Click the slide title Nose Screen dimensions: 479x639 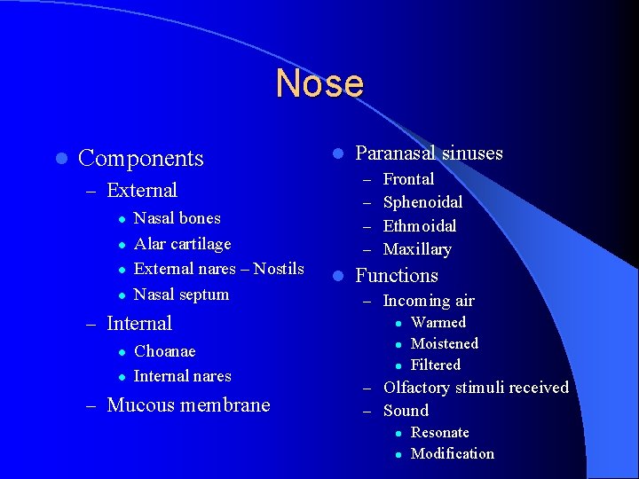click(x=319, y=83)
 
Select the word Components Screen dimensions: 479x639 click(x=141, y=159)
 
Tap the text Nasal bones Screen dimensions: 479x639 click(x=177, y=218)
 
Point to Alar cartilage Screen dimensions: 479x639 click(x=182, y=244)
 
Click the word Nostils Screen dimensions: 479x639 click(x=279, y=269)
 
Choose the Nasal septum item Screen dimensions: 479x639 click(x=181, y=294)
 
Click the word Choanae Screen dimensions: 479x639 click(x=164, y=352)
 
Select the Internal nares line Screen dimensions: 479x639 click(x=182, y=376)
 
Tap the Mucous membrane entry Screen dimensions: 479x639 click(x=188, y=405)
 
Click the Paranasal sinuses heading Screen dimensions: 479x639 click(x=429, y=153)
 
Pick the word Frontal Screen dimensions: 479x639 click(x=408, y=179)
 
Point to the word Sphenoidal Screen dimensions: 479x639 click(x=422, y=202)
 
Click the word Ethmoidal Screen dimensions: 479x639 click(x=420, y=226)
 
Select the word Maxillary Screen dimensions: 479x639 click(x=417, y=250)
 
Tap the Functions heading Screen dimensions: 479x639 click(x=397, y=276)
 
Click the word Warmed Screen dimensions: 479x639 click(x=438, y=323)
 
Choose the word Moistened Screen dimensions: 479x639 click(x=445, y=344)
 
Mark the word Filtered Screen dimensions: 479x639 click(x=436, y=365)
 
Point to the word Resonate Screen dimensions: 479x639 click(x=440, y=433)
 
